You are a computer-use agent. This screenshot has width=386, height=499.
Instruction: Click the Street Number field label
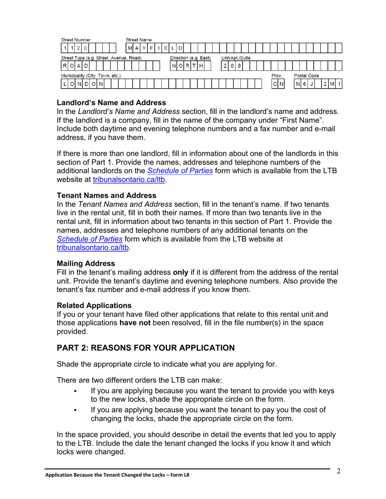point(76,40)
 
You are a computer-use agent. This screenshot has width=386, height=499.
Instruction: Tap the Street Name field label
point(139,40)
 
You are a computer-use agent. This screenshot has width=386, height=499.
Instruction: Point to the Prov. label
point(277,75)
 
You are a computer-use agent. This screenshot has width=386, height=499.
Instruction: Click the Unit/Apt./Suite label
point(235,58)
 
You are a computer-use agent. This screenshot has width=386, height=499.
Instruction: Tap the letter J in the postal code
point(311,84)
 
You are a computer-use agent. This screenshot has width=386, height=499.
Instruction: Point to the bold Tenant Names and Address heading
point(106,195)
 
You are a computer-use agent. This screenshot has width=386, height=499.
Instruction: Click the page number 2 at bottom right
point(338,471)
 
